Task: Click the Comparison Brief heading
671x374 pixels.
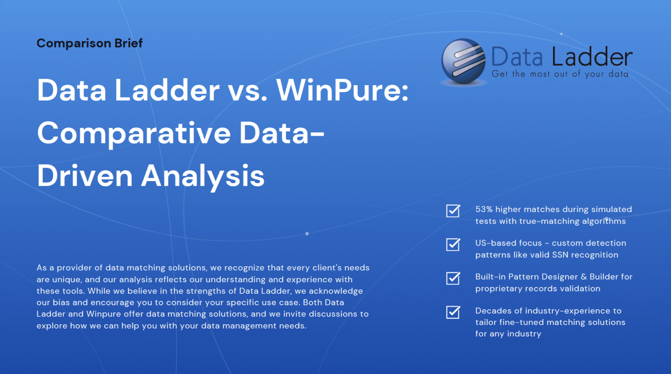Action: point(90,43)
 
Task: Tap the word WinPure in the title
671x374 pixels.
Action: point(342,90)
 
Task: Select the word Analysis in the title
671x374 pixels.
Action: point(203,176)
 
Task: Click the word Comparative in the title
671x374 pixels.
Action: point(133,133)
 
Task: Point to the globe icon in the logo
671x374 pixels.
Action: point(463,62)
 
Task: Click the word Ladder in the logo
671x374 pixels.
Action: point(592,57)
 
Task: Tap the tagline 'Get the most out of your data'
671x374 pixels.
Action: point(560,74)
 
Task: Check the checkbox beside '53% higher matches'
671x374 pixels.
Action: point(453,211)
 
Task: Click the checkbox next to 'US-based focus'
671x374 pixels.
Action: point(453,244)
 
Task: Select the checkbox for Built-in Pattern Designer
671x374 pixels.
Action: point(453,278)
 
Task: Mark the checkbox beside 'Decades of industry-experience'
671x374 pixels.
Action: point(453,312)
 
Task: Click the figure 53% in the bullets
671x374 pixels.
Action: point(484,209)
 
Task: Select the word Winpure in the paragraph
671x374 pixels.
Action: point(104,314)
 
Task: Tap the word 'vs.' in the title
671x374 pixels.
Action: point(248,90)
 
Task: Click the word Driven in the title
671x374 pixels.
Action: point(85,176)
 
